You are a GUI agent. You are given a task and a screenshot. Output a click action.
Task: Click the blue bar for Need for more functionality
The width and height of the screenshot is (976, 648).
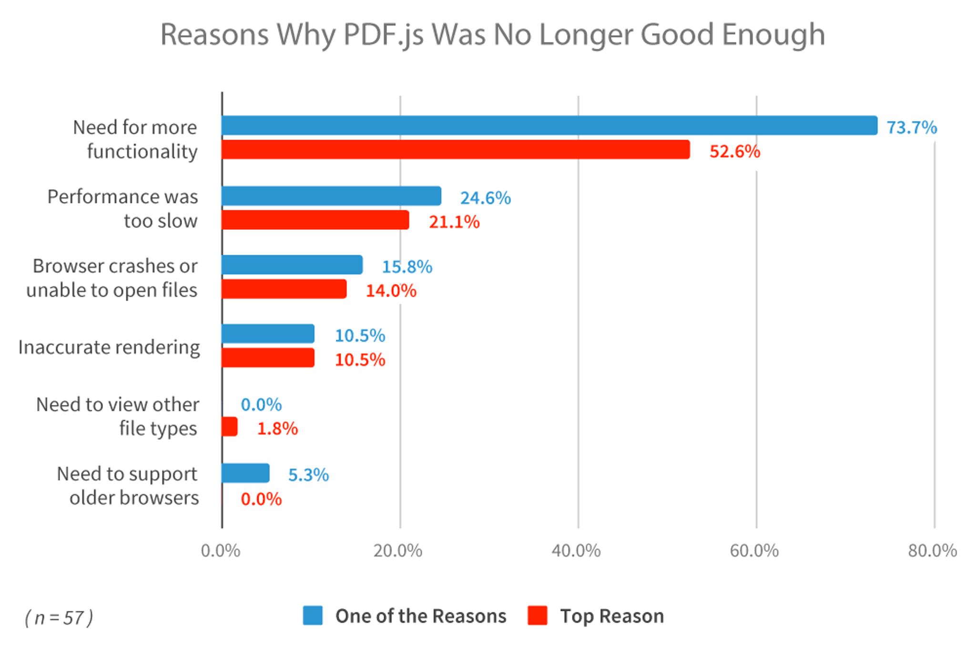(x=548, y=126)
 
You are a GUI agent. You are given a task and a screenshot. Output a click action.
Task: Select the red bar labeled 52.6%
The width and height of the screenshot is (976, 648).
(x=455, y=150)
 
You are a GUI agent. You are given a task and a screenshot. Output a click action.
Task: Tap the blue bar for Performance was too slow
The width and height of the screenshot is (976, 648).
(x=331, y=196)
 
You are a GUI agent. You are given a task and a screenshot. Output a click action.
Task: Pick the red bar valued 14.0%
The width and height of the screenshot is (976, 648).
(x=284, y=289)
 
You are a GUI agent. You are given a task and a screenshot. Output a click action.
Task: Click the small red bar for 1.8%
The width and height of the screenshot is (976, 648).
(x=229, y=427)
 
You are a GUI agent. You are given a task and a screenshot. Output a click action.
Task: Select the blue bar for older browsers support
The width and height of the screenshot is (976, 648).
(x=245, y=473)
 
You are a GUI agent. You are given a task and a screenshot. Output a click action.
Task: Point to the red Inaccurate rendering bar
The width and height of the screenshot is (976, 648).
(x=268, y=358)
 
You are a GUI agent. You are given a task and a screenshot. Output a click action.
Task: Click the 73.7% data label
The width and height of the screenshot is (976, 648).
(x=911, y=128)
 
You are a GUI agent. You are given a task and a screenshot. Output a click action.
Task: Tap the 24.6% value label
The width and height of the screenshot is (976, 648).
(x=485, y=198)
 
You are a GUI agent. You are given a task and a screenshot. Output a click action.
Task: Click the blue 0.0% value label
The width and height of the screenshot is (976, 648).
(x=261, y=405)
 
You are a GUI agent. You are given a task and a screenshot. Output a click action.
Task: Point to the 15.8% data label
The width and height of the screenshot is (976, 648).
(x=407, y=267)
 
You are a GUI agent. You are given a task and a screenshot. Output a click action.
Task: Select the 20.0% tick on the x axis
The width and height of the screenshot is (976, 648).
(x=398, y=551)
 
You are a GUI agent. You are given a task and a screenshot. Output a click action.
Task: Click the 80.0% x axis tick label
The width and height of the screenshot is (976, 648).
(x=932, y=551)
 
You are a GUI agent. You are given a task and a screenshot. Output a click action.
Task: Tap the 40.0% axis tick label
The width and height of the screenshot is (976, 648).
(x=576, y=551)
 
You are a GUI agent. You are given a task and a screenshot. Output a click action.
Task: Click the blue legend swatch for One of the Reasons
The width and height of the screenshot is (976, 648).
(x=313, y=615)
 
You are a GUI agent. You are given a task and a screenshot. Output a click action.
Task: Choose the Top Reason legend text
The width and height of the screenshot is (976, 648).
(x=612, y=616)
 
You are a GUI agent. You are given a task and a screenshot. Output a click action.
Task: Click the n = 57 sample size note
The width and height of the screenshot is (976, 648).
(x=59, y=618)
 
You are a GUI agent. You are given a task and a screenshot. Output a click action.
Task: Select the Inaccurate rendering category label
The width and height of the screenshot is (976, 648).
(x=109, y=347)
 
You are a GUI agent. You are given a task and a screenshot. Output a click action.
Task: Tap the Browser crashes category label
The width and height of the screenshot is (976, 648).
(x=114, y=266)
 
